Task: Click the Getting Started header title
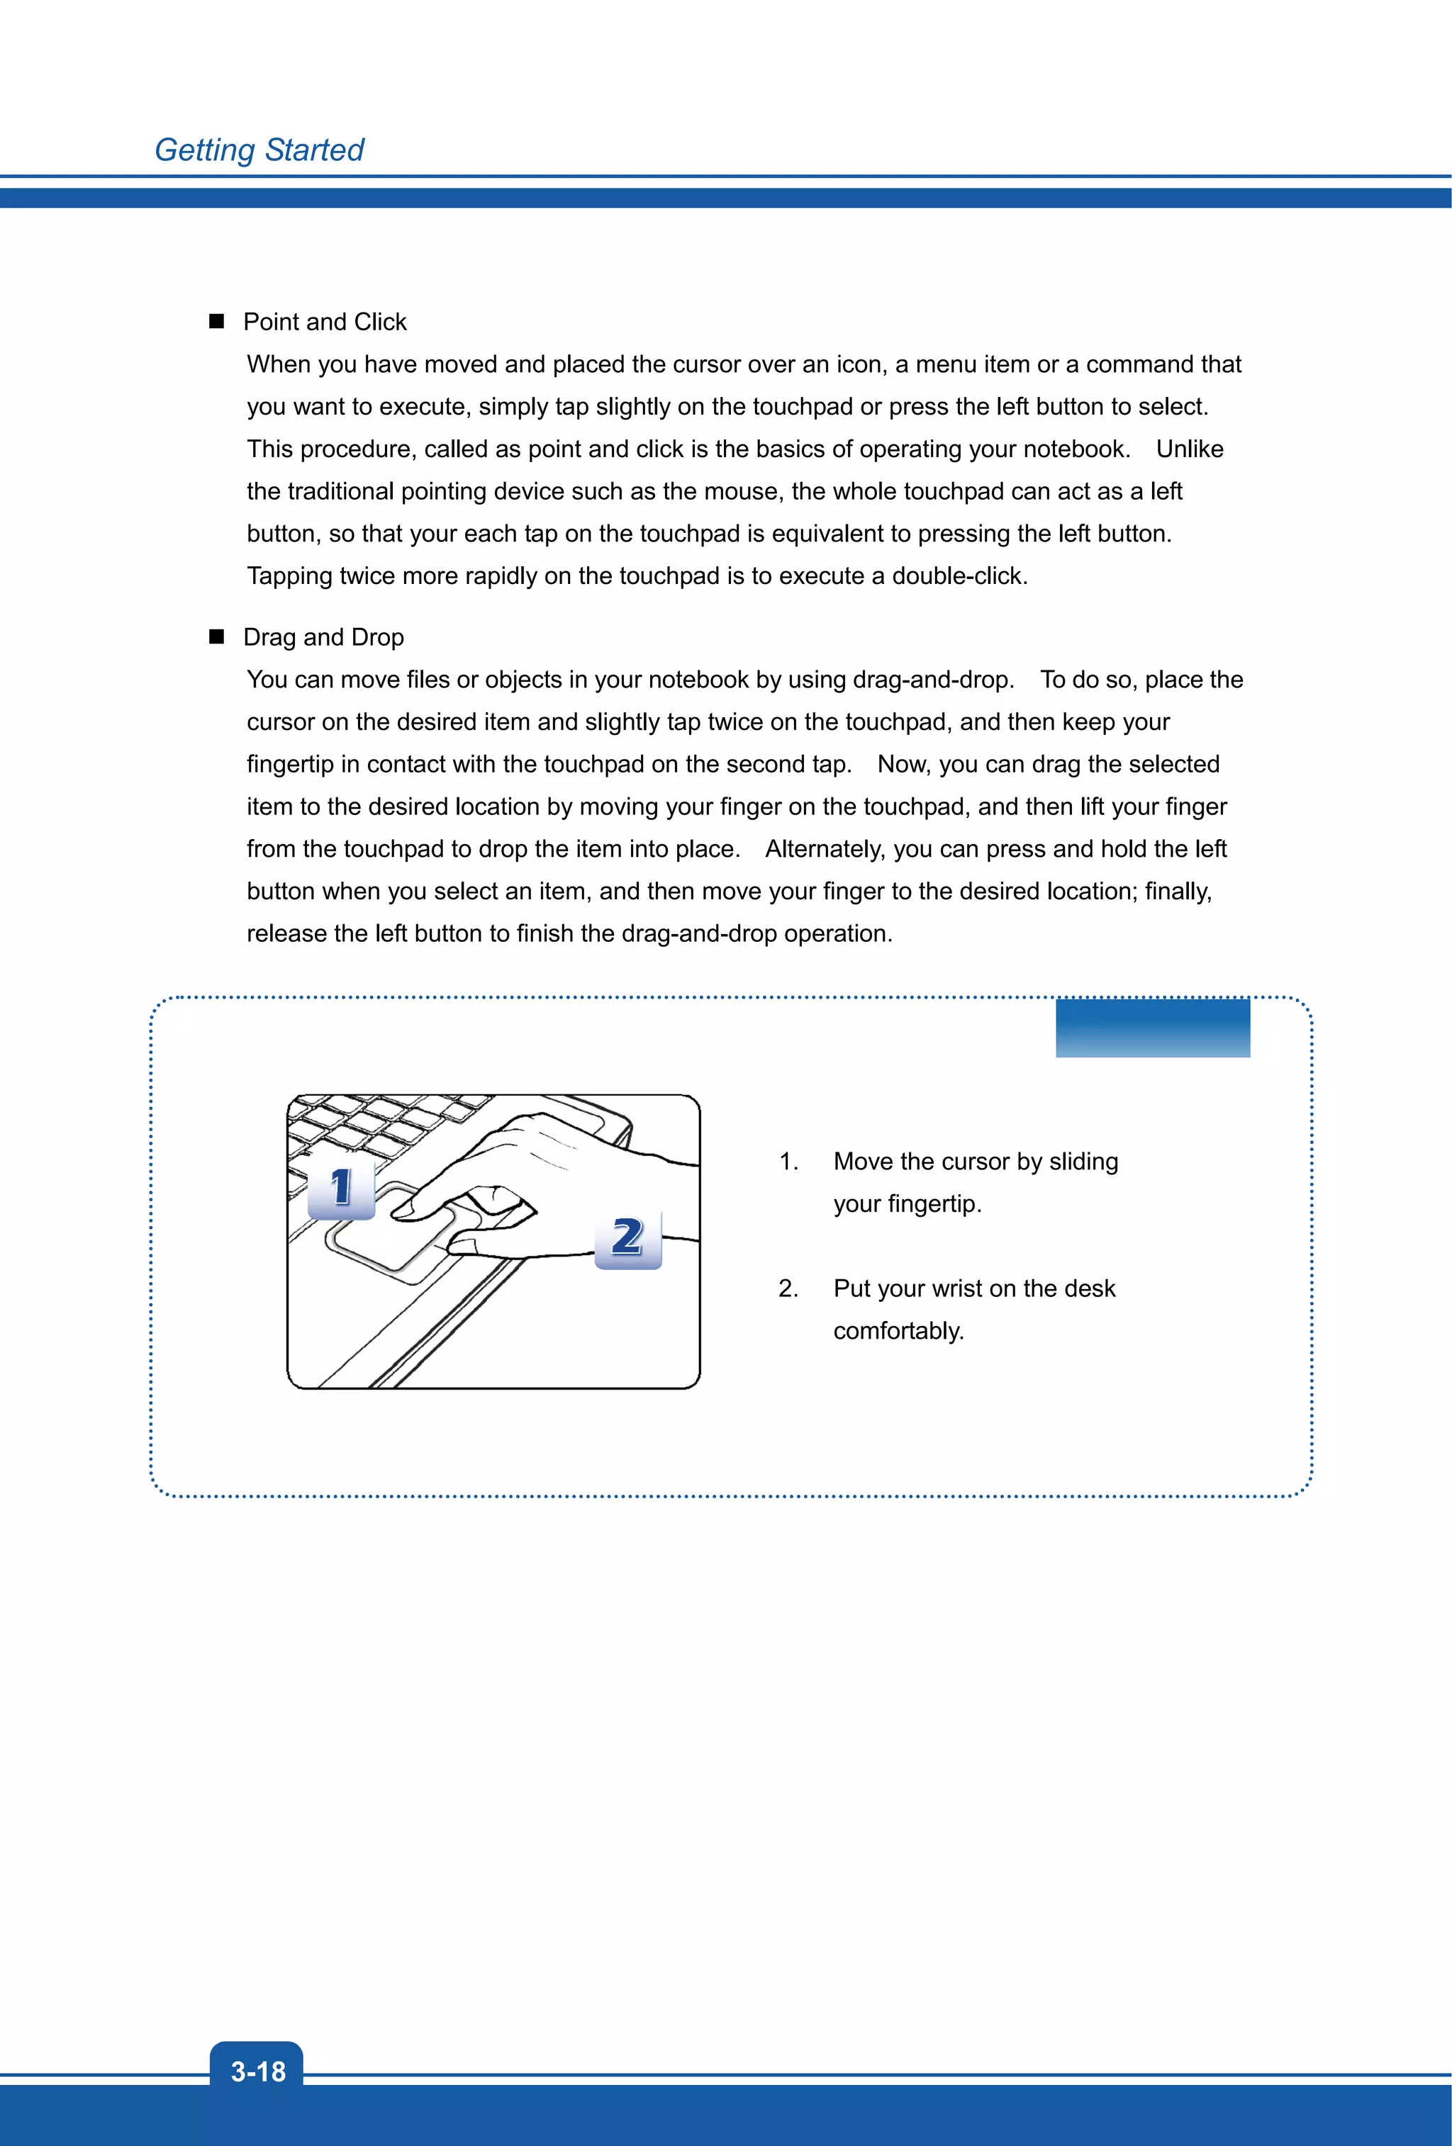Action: pos(259,150)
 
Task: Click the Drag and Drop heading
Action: pos(323,637)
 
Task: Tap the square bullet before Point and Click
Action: pos(217,321)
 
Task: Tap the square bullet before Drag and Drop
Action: pos(217,636)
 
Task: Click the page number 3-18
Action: pos(257,2071)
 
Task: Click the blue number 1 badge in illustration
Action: pos(341,1188)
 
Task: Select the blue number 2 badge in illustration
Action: pos(628,1237)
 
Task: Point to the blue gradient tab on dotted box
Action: pos(1152,1027)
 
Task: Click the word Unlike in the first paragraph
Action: pos(1189,449)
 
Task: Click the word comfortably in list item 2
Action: pos(897,1331)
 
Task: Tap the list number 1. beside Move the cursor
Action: pos(788,1162)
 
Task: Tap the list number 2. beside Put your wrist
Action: pos(788,1288)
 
